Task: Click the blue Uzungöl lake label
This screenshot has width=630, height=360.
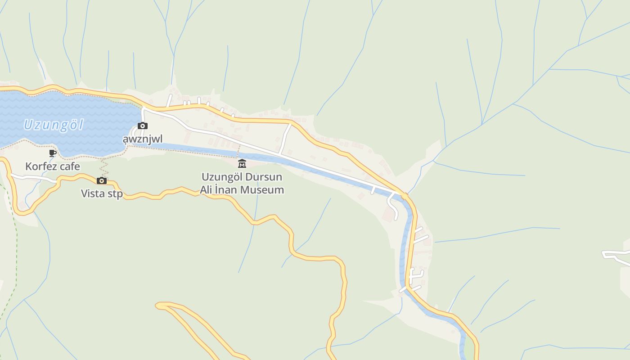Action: point(54,124)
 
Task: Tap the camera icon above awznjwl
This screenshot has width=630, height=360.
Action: point(143,126)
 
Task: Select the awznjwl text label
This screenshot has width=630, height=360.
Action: point(143,139)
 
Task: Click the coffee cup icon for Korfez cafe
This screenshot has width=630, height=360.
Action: point(53,153)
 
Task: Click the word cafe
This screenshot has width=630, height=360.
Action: point(71,166)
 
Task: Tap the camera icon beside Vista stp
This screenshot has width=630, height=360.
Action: point(102,181)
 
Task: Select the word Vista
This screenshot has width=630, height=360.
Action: point(94,193)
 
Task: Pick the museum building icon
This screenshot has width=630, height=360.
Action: point(242,163)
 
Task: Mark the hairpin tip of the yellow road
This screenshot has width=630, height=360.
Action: point(158,306)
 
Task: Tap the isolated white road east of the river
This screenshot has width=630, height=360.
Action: point(616,256)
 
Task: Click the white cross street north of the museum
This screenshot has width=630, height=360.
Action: point(285,139)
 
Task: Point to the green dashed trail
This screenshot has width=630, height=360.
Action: point(14,252)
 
